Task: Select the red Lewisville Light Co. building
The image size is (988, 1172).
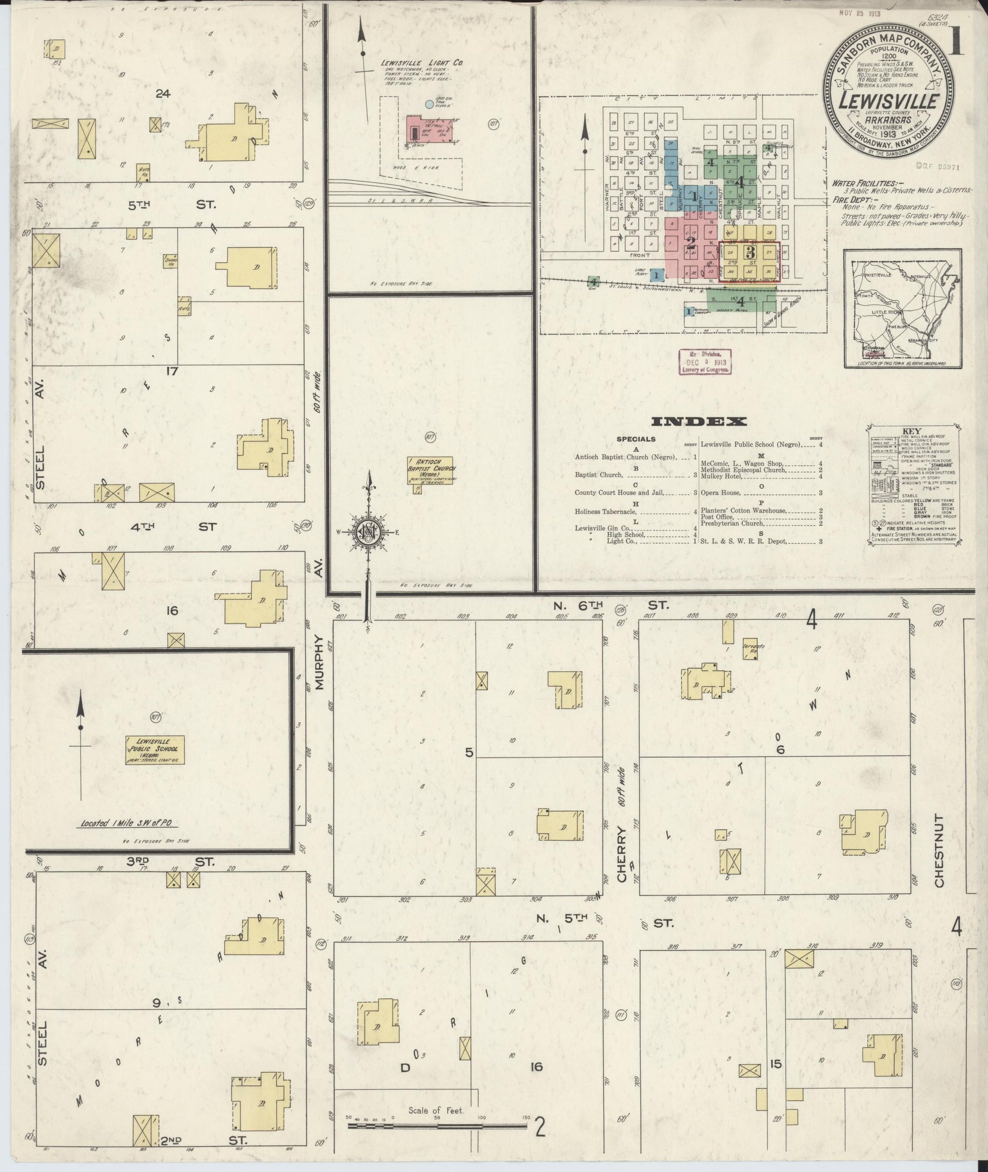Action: (430, 130)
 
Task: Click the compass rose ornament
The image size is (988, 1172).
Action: (369, 532)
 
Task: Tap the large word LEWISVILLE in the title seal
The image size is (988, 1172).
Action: (889, 102)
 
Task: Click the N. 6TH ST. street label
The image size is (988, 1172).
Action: (610, 606)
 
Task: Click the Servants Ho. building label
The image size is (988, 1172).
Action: (750, 646)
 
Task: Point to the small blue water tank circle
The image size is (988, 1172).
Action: (429, 104)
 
